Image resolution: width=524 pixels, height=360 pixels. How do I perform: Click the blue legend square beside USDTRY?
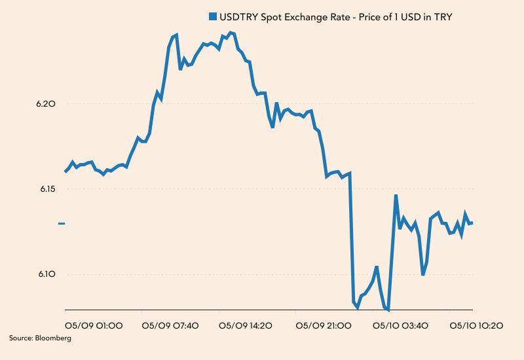click(x=212, y=16)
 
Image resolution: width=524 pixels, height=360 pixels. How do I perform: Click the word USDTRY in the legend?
click(x=238, y=16)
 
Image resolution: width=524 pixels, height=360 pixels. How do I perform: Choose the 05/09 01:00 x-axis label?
click(x=94, y=325)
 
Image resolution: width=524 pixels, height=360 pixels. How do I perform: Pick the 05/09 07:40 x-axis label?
click(x=170, y=325)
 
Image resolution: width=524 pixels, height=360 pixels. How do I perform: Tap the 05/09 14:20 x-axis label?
click(x=246, y=325)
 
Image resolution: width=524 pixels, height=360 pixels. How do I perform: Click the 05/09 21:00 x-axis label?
click(x=323, y=325)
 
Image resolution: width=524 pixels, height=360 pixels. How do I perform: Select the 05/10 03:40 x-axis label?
click(x=400, y=325)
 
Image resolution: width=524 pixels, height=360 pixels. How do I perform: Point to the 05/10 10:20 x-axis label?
click(x=476, y=325)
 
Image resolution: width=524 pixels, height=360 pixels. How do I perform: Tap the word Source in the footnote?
click(x=20, y=338)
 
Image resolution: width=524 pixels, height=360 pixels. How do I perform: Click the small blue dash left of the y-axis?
click(x=62, y=224)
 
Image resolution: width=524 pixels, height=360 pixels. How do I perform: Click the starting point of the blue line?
click(x=65, y=171)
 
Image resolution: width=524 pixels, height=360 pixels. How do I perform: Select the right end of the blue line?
click(x=472, y=223)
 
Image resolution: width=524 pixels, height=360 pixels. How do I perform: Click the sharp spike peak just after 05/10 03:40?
click(x=396, y=195)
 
